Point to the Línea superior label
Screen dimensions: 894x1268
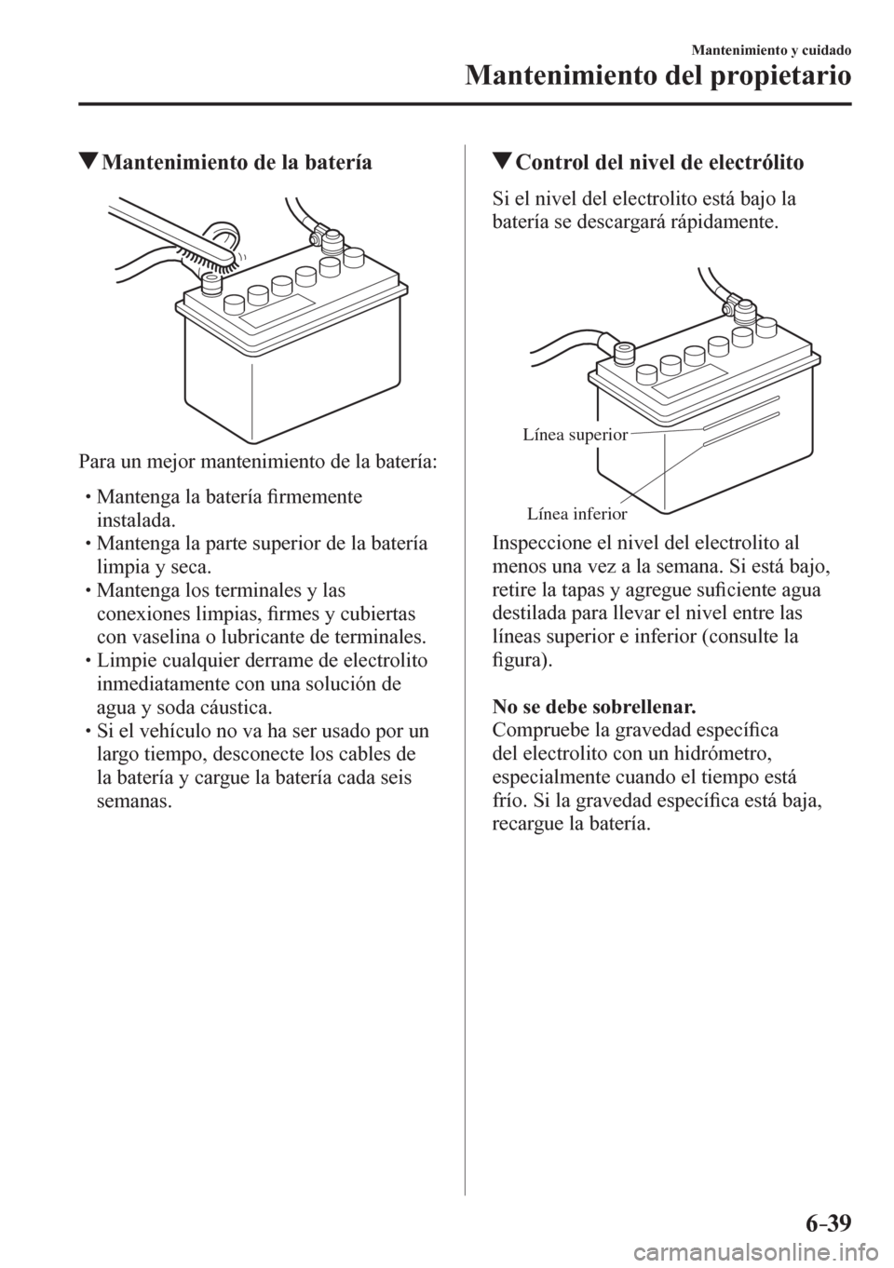574,435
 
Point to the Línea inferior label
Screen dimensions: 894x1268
577,514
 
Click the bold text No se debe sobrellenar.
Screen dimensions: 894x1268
594,708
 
